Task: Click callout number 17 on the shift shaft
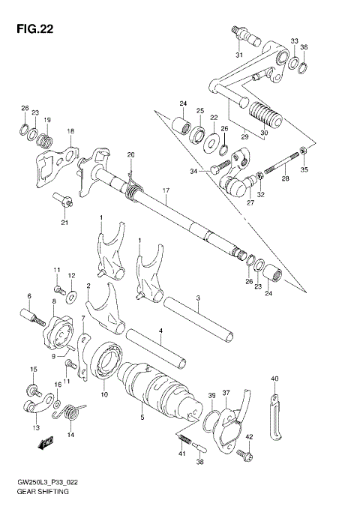click(x=167, y=192)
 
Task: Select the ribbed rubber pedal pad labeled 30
click(x=267, y=117)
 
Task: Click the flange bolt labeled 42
click(x=243, y=454)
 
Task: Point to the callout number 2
click(x=88, y=286)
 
